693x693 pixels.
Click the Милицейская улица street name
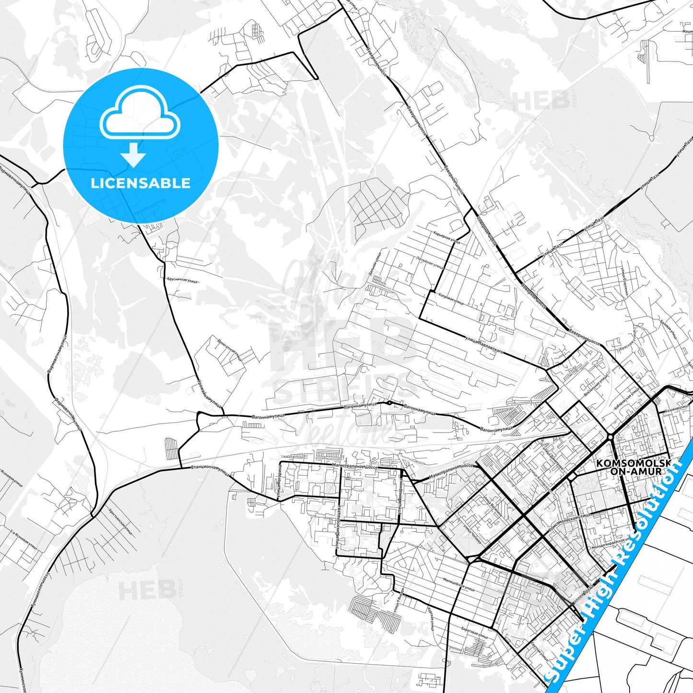pyautogui.click(x=459, y=584)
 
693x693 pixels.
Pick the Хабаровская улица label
pyautogui.click(x=626, y=399)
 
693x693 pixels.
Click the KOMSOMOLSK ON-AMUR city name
pyautogui.click(x=632, y=467)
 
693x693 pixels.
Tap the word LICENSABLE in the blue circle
pyautogui.click(x=141, y=183)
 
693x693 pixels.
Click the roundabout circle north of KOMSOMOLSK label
pyautogui.click(x=610, y=437)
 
